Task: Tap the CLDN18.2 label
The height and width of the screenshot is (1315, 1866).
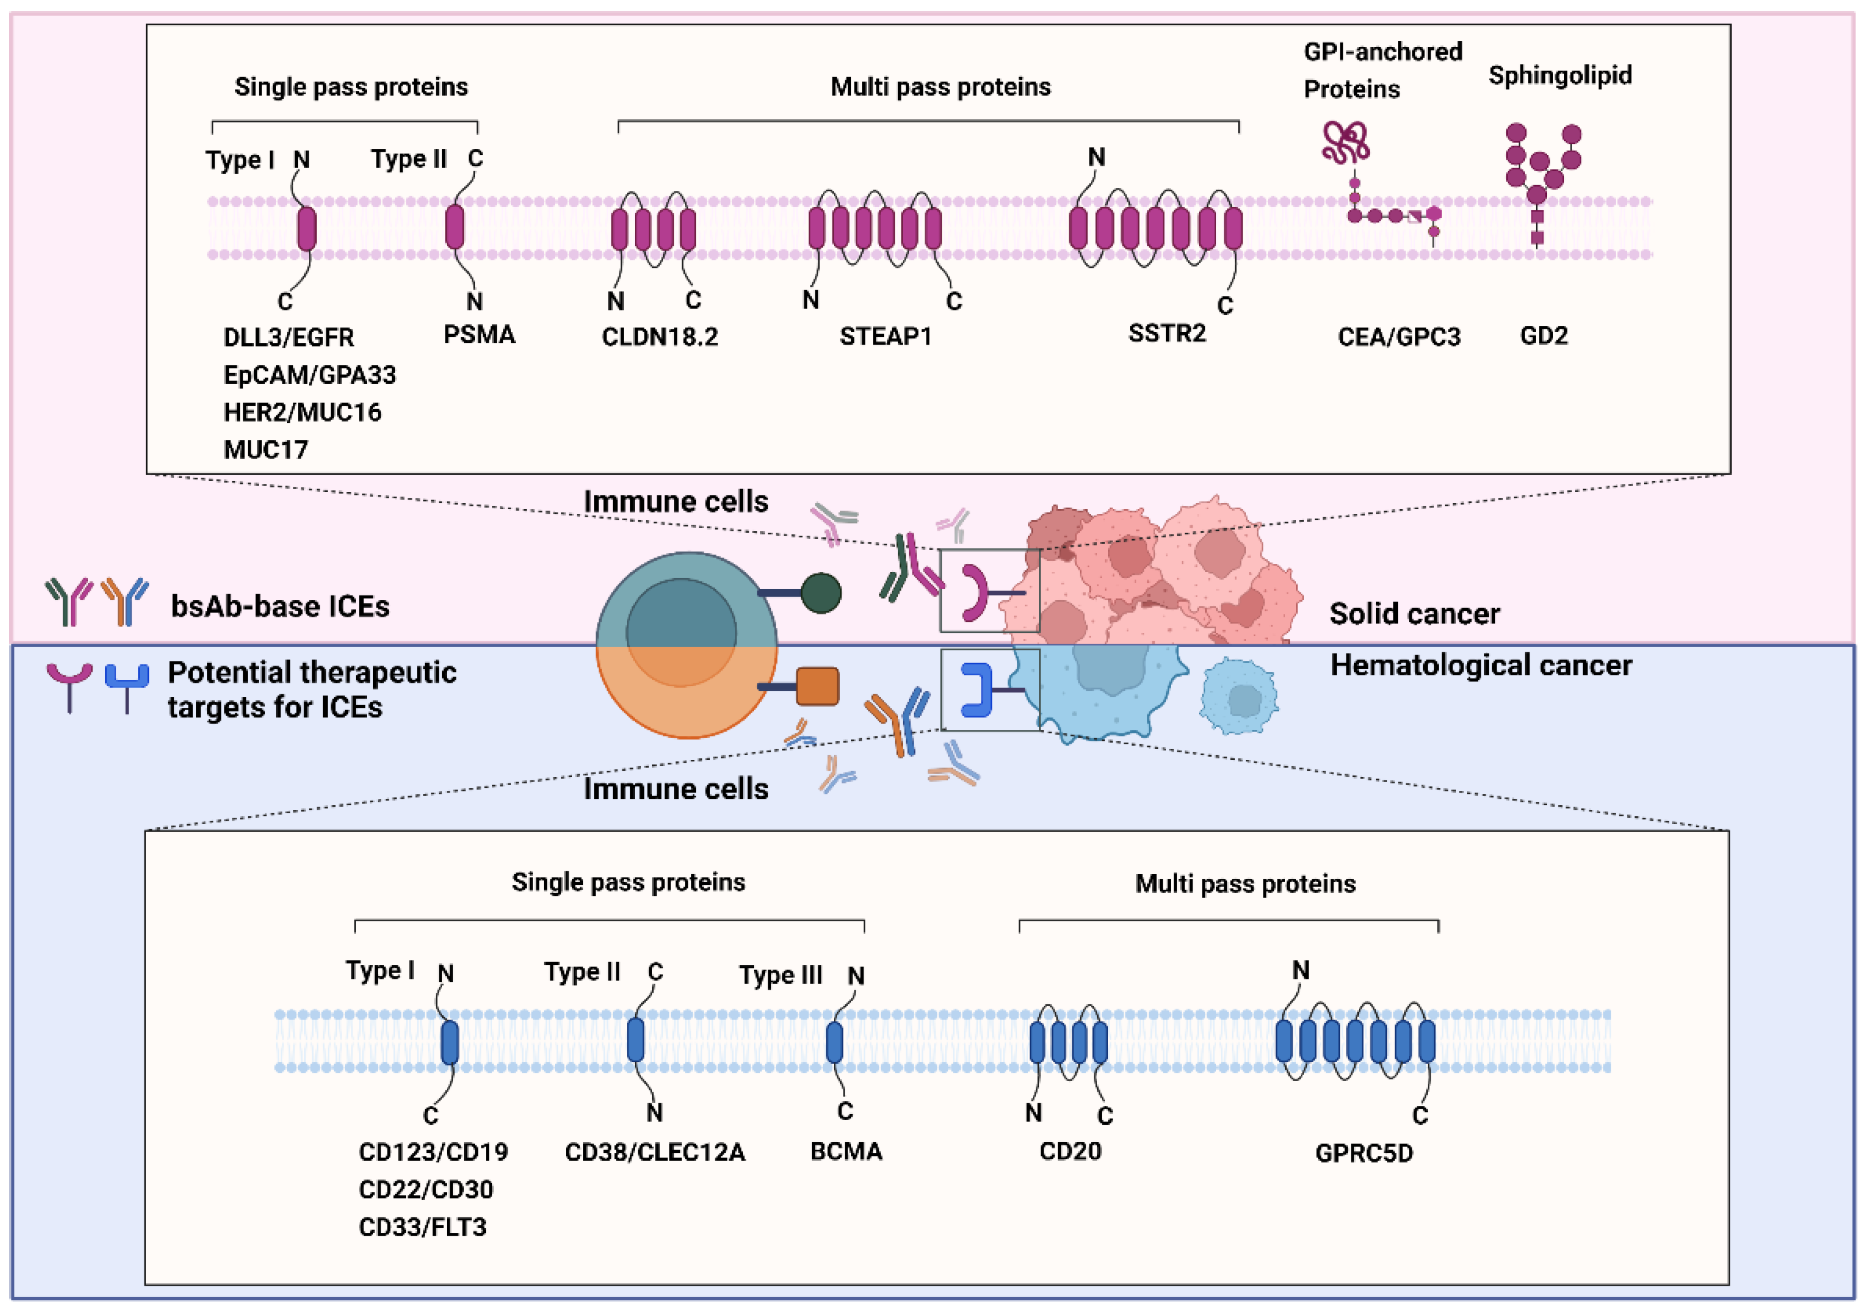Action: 660,336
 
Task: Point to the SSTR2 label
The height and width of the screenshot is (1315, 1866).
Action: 1167,333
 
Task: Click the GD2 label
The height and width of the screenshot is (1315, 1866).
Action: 1543,336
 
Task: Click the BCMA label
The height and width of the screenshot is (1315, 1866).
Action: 846,1151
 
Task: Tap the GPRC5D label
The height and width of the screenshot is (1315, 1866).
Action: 1364,1152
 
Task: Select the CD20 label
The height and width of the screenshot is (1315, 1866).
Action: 1070,1151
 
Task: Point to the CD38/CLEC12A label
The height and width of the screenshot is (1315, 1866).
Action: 654,1152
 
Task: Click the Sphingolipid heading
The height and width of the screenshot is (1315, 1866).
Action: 1560,75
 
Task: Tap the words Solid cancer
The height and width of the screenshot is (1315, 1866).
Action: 1414,613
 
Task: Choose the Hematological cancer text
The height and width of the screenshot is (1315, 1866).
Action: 1481,665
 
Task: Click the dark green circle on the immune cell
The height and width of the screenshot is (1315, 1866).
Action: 821,593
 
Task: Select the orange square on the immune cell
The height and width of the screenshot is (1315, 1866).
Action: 818,686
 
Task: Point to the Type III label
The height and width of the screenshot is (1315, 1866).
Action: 780,975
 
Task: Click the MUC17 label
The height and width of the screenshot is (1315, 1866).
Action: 266,449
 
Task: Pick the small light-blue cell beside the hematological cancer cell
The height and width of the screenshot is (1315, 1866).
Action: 1239,696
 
